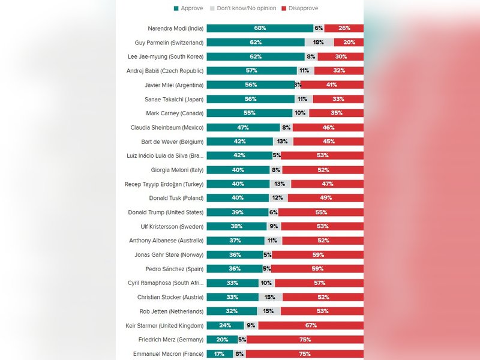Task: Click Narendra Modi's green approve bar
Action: (x=260, y=28)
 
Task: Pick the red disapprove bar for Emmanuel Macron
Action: (x=305, y=354)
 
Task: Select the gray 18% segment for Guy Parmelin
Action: (x=319, y=43)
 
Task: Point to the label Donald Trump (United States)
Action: (x=166, y=212)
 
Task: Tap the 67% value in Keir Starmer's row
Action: (x=310, y=326)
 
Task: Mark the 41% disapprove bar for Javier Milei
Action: (x=332, y=85)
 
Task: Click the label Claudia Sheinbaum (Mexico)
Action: (x=167, y=127)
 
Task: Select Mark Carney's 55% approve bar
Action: (x=250, y=113)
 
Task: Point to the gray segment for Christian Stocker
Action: (x=271, y=297)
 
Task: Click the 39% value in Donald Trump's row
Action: (x=237, y=212)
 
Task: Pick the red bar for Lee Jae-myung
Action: (x=340, y=56)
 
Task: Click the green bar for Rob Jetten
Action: (x=232, y=311)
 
